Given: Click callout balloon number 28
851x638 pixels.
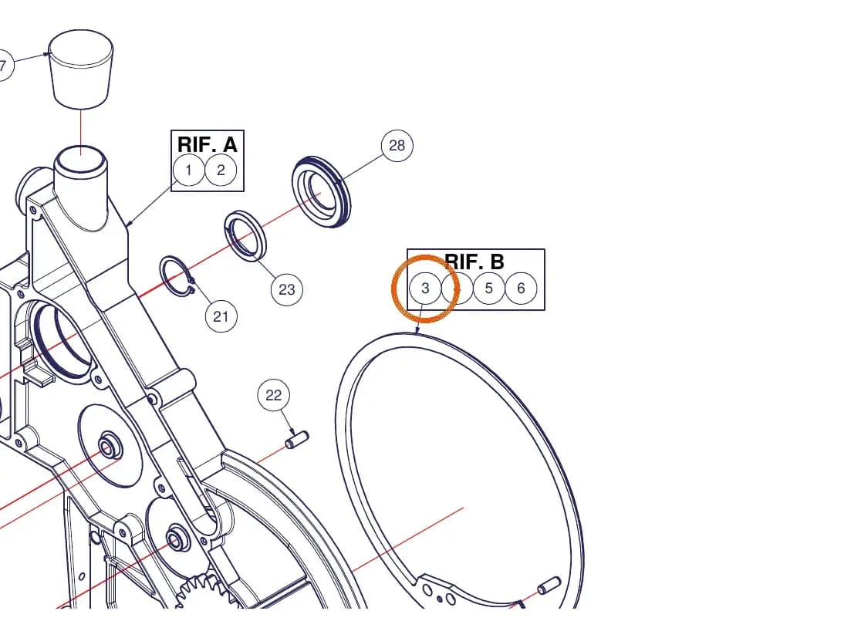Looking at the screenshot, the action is tap(397, 145).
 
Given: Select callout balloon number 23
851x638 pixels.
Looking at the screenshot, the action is tap(286, 290).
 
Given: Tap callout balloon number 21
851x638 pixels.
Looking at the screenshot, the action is tap(221, 316).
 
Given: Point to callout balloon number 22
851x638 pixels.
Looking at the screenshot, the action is tap(274, 395).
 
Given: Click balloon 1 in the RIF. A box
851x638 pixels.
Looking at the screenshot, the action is tap(188, 170).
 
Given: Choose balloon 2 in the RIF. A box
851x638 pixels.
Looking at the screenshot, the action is tap(221, 170).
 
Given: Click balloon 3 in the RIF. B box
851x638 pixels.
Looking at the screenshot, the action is tap(425, 288).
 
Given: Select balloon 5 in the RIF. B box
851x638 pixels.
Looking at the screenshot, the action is tap(489, 288).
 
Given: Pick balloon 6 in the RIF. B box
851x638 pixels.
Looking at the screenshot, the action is tap(521, 288).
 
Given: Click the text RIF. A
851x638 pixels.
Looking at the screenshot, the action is tap(208, 144).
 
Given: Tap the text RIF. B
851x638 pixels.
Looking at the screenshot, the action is tap(474, 262).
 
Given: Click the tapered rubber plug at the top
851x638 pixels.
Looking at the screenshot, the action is tap(81, 69).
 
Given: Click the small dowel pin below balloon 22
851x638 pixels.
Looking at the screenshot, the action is tap(297, 440).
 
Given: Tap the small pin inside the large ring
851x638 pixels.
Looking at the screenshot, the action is tap(549, 586).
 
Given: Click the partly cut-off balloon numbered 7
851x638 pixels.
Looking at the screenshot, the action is tap(5, 66).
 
